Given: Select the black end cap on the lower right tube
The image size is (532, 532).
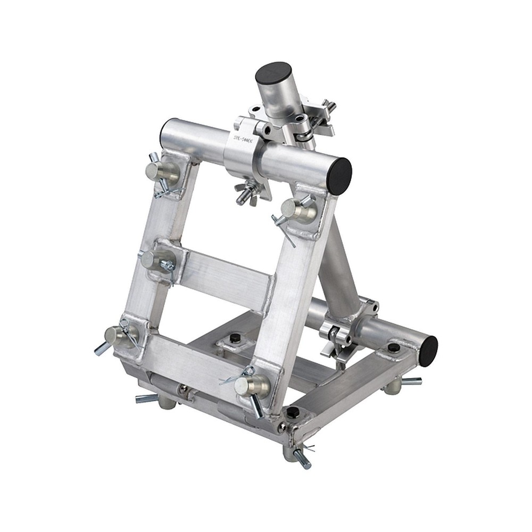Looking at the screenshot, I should (x=428, y=351).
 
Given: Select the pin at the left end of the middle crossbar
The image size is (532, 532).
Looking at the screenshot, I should (x=152, y=259).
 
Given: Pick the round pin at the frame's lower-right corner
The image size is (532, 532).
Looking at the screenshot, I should (x=247, y=385).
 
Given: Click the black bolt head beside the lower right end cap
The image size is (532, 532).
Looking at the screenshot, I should (x=394, y=348).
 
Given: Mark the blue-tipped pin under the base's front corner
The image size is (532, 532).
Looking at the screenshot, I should (x=301, y=458).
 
